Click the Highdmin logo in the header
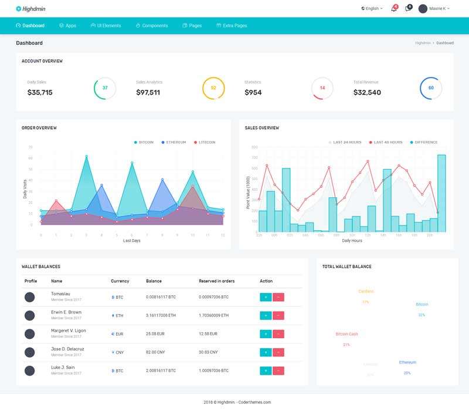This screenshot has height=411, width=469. [x=32, y=9]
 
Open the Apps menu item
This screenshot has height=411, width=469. [x=68, y=26]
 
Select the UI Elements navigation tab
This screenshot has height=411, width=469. [x=106, y=26]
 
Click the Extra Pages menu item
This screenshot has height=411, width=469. [x=232, y=26]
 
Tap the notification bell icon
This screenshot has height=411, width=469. [x=394, y=9]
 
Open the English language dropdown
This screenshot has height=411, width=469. [x=372, y=9]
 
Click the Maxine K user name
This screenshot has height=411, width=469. [x=437, y=9]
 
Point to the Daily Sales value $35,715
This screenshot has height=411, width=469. [x=40, y=92]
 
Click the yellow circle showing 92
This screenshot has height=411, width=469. [x=213, y=88]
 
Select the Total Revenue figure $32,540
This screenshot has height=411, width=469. [x=367, y=92]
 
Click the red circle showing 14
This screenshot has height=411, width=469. [x=322, y=88]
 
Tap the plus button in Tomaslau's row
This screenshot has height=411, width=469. [x=265, y=297]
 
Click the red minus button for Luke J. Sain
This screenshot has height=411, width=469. [x=278, y=370]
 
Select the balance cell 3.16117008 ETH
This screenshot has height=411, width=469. [x=161, y=315]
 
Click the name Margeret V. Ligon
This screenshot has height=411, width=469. [x=68, y=331]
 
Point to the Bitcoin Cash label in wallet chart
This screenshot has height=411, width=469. [x=346, y=334]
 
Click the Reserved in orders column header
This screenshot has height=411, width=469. [x=216, y=281]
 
